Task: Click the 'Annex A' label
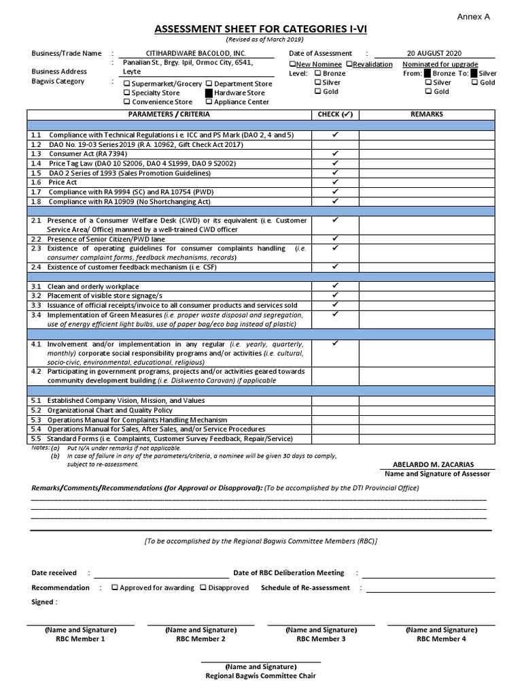click(473, 16)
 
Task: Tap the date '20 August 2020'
click(434, 53)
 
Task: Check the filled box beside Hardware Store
click(209, 93)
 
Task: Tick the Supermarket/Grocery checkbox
click(126, 84)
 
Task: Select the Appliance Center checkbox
click(209, 102)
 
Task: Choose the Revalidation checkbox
click(349, 64)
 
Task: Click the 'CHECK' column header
click(335, 114)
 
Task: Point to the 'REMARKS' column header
click(426, 114)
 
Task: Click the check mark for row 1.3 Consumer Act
click(335, 154)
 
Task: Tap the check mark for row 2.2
click(335, 239)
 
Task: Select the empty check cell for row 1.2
click(335, 145)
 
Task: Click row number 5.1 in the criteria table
click(36, 401)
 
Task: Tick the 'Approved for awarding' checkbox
click(115, 587)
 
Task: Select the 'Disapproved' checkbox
click(203, 587)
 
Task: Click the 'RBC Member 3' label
click(321, 639)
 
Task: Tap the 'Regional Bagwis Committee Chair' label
click(261, 676)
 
